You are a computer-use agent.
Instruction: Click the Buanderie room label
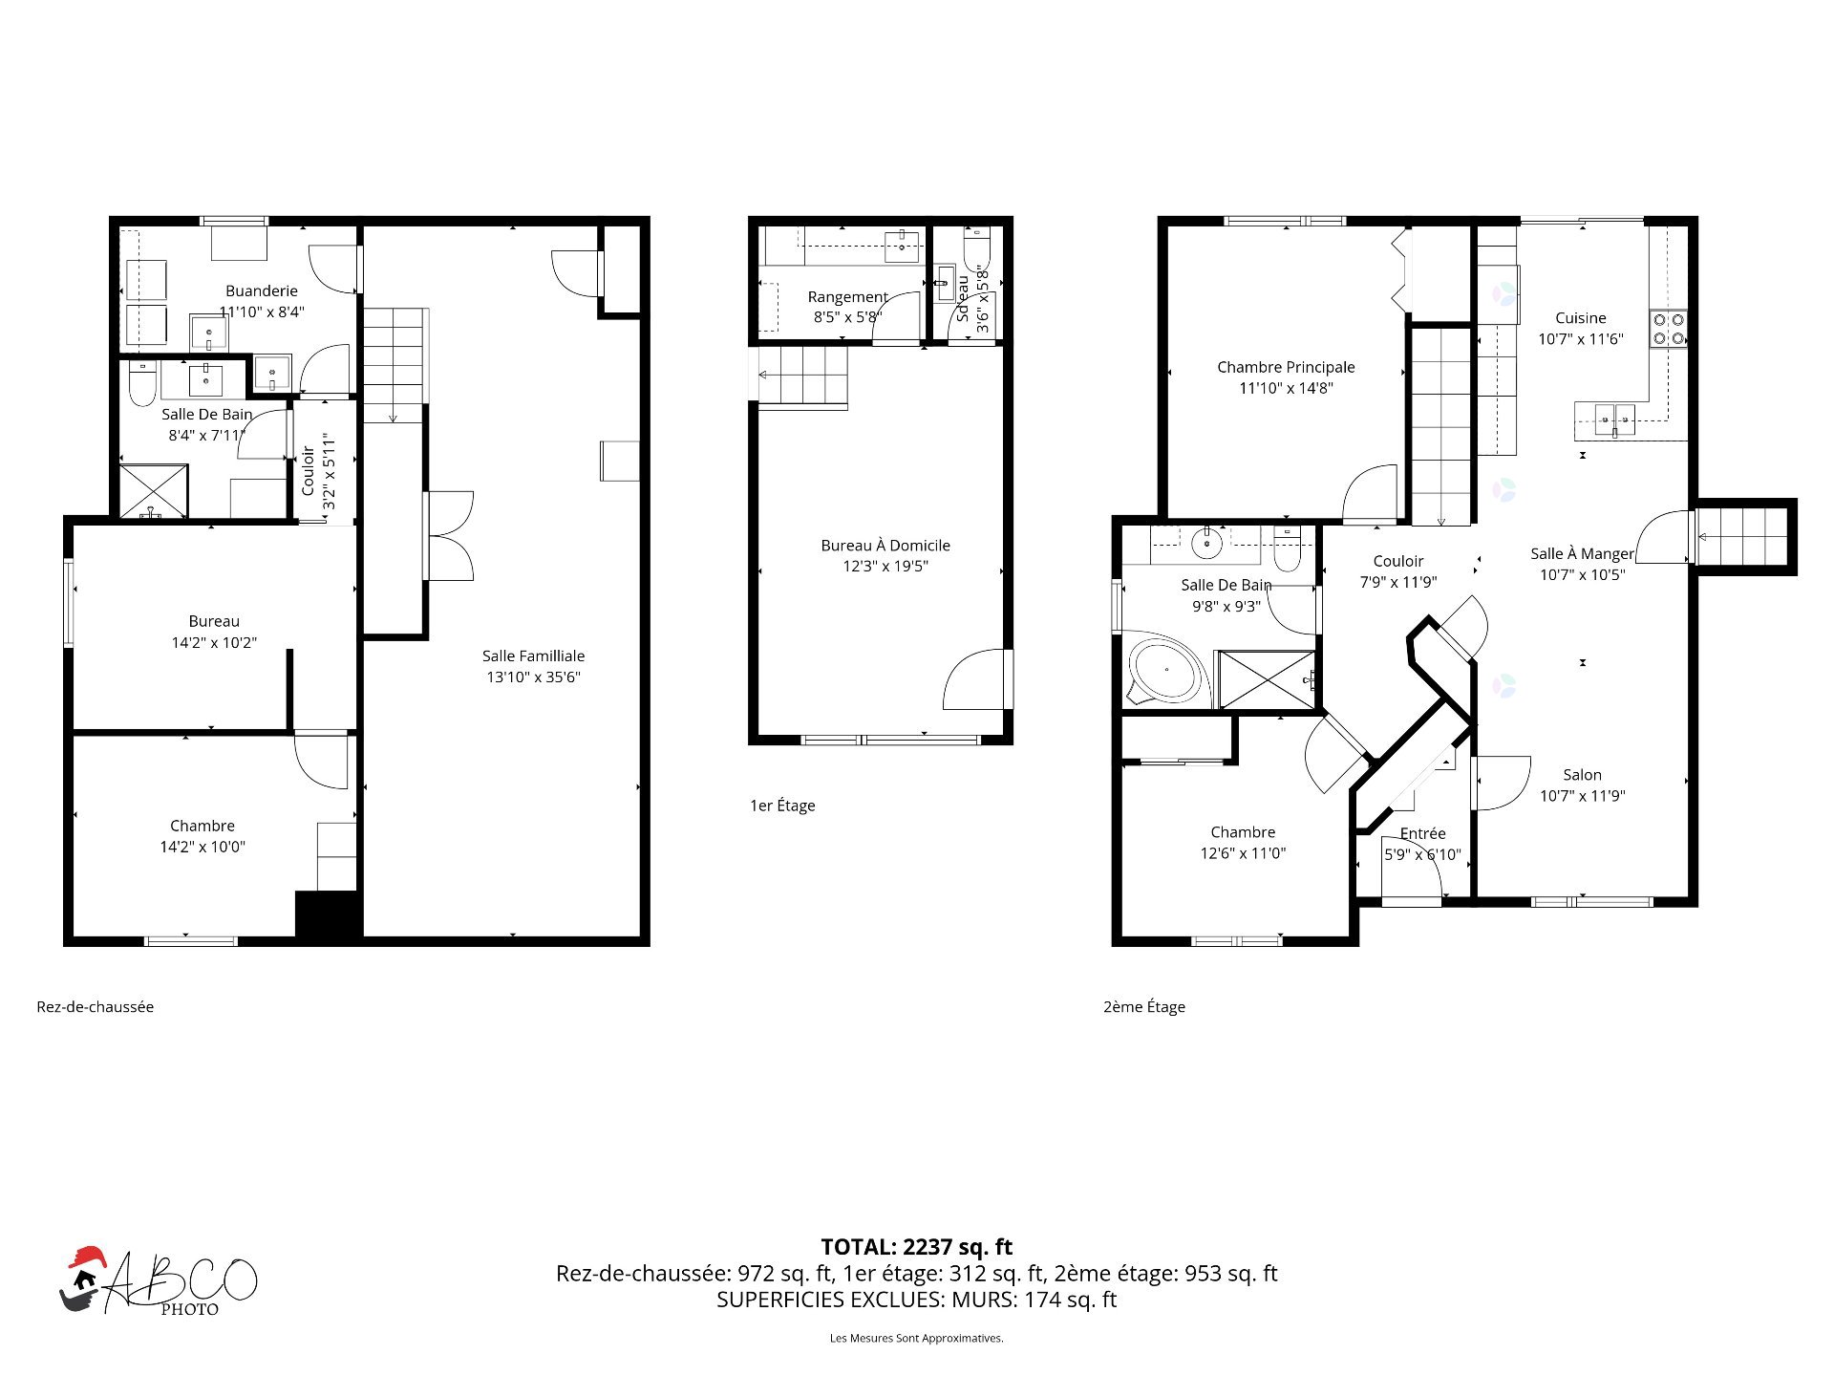coord(262,290)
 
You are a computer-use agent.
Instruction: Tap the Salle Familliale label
coord(533,656)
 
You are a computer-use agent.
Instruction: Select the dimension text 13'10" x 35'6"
coord(533,677)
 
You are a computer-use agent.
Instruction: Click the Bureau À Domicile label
coord(885,546)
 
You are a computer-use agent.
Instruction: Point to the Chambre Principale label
coord(1286,367)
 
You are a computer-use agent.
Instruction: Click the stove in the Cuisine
coord(1669,329)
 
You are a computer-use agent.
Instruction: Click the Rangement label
coord(847,297)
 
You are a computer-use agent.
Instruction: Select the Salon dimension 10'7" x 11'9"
coord(1582,796)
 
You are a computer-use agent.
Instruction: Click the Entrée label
coord(1422,833)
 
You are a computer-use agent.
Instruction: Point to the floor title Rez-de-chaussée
coord(95,1006)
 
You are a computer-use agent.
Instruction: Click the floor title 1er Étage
coord(782,806)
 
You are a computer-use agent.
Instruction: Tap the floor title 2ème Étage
coord(1144,1006)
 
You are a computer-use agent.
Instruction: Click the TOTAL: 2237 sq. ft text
coord(917,1247)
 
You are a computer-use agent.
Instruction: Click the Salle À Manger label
coord(1582,553)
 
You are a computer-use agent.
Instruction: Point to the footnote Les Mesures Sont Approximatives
coord(917,1338)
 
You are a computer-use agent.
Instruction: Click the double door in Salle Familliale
coord(449,536)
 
